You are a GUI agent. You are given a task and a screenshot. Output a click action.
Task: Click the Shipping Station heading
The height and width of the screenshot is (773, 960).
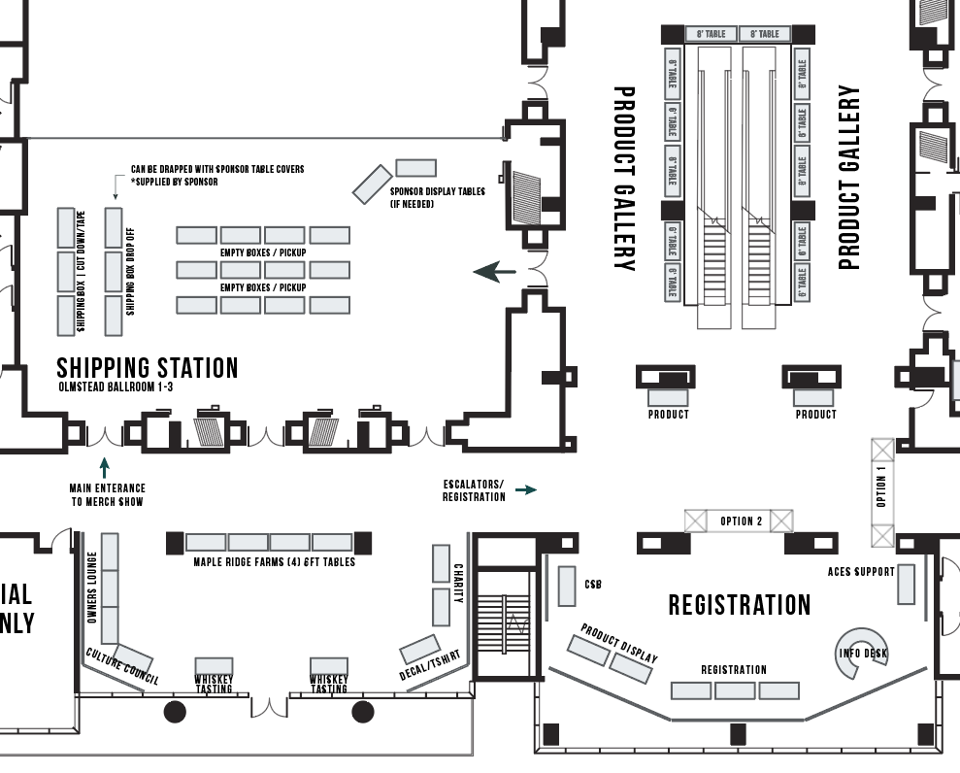click(x=148, y=368)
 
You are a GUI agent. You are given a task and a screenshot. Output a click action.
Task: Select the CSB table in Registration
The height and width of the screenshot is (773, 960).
click(x=568, y=585)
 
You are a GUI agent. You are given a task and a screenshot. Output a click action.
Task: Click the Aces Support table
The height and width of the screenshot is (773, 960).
click(x=906, y=584)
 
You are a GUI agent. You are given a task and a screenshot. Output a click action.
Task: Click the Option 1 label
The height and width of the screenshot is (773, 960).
click(x=881, y=487)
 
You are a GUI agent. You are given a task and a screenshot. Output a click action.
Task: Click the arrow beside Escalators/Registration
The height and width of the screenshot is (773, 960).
click(x=525, y=490)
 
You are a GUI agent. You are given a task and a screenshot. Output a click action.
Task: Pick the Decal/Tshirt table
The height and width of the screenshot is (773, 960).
click(x=419, y=648)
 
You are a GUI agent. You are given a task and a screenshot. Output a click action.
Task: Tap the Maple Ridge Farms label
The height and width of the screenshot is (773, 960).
click(x=274, y=562)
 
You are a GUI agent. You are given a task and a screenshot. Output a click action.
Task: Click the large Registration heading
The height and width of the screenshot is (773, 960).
click(x=739, y=605)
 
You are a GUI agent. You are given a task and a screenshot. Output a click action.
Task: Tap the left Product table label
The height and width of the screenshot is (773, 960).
click(x=668, y=415)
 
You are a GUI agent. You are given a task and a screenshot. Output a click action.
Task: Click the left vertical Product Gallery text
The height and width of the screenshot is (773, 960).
click(x=624, y=178)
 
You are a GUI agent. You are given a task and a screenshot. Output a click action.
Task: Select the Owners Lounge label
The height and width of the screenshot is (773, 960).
click(x=92, y=587)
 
